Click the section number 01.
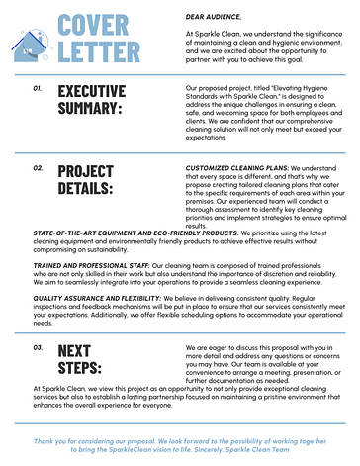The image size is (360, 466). coord(37,88)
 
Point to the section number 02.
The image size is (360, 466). coord(37,169)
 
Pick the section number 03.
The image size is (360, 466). coord(37,348)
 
